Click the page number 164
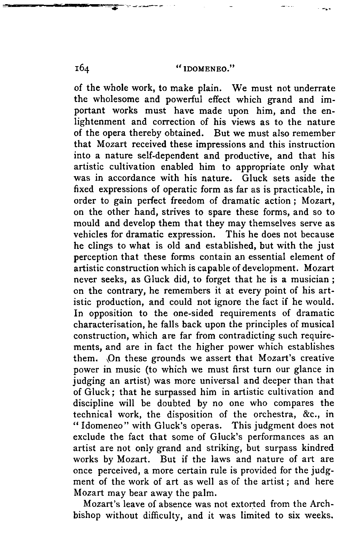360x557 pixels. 82,69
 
